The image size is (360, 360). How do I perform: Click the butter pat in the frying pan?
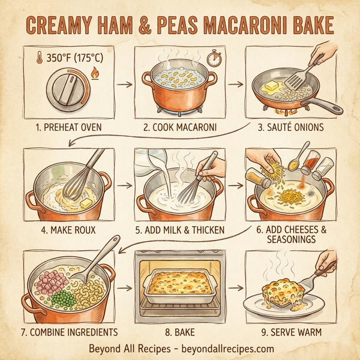click(x=271, y=88)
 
